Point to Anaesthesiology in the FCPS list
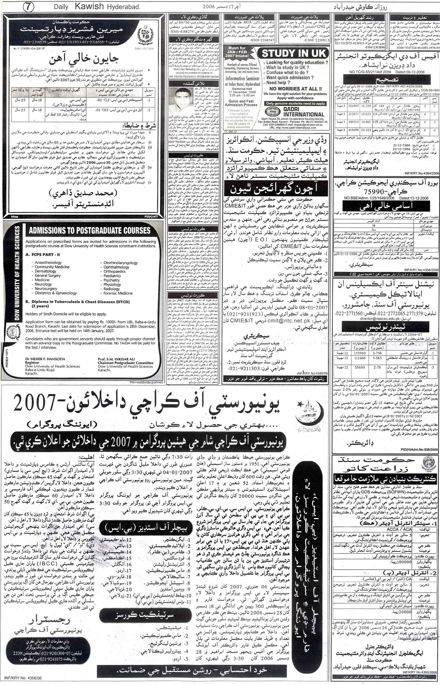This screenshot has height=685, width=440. click(48, 262)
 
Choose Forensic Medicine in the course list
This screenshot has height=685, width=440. click(118, 293)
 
